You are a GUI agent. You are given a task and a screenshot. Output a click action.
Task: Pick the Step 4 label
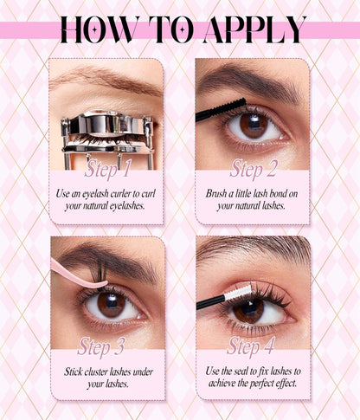click(x=250, y=346)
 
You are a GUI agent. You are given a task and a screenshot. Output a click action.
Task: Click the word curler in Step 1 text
click(x=133, y=194)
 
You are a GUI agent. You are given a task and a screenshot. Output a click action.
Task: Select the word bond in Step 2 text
click(x=281, y=194)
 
